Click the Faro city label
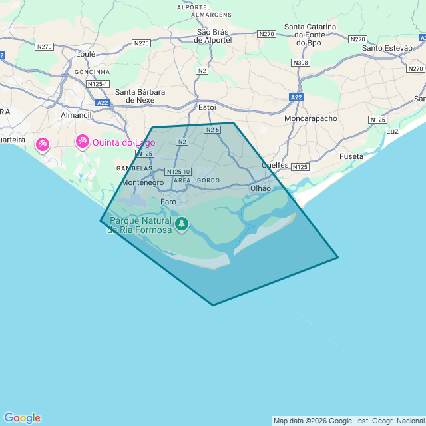tap(168, 201)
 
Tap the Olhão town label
tap(260, 188)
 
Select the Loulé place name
tap(86, 54)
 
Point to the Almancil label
tap(75, 115)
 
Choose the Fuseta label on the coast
tap(351, 156)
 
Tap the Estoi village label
tap(208, 106)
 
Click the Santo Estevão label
tap(387, 48)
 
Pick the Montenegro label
tap(142, 182)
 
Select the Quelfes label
tap(275, 165)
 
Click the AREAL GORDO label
tap(196, 180)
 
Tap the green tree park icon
tap(182, 224)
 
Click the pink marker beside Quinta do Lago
tap(83, 141)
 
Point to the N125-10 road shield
tap(178, 172)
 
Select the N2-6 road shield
tap(212, 130)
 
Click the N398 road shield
tap(300, 63)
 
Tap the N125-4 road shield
tap(98, 84)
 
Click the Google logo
tap(22, 418)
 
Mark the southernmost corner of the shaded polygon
tap(213, 306)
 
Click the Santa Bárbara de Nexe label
tap(140, 96)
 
